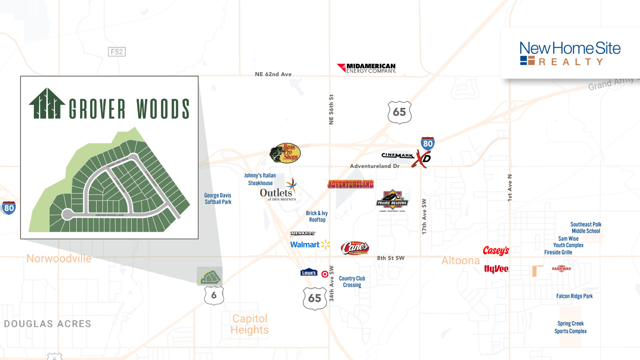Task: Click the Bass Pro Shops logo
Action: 285,153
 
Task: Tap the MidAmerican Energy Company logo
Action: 366,68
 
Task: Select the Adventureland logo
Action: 351,184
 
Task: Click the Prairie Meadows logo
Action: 392,200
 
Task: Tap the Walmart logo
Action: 310,244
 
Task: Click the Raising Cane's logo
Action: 355,248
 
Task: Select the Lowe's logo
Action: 309,272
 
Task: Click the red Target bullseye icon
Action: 325,274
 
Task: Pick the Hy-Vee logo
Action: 496,269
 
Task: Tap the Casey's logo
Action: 496,251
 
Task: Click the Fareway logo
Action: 561,269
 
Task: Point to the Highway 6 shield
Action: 214,295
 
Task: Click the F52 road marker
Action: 117,52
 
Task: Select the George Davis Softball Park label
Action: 218,198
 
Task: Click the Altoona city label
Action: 460,260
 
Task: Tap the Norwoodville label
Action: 59,258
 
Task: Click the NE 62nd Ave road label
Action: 273,74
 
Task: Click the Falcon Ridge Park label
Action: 574,296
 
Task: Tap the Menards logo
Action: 303,233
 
